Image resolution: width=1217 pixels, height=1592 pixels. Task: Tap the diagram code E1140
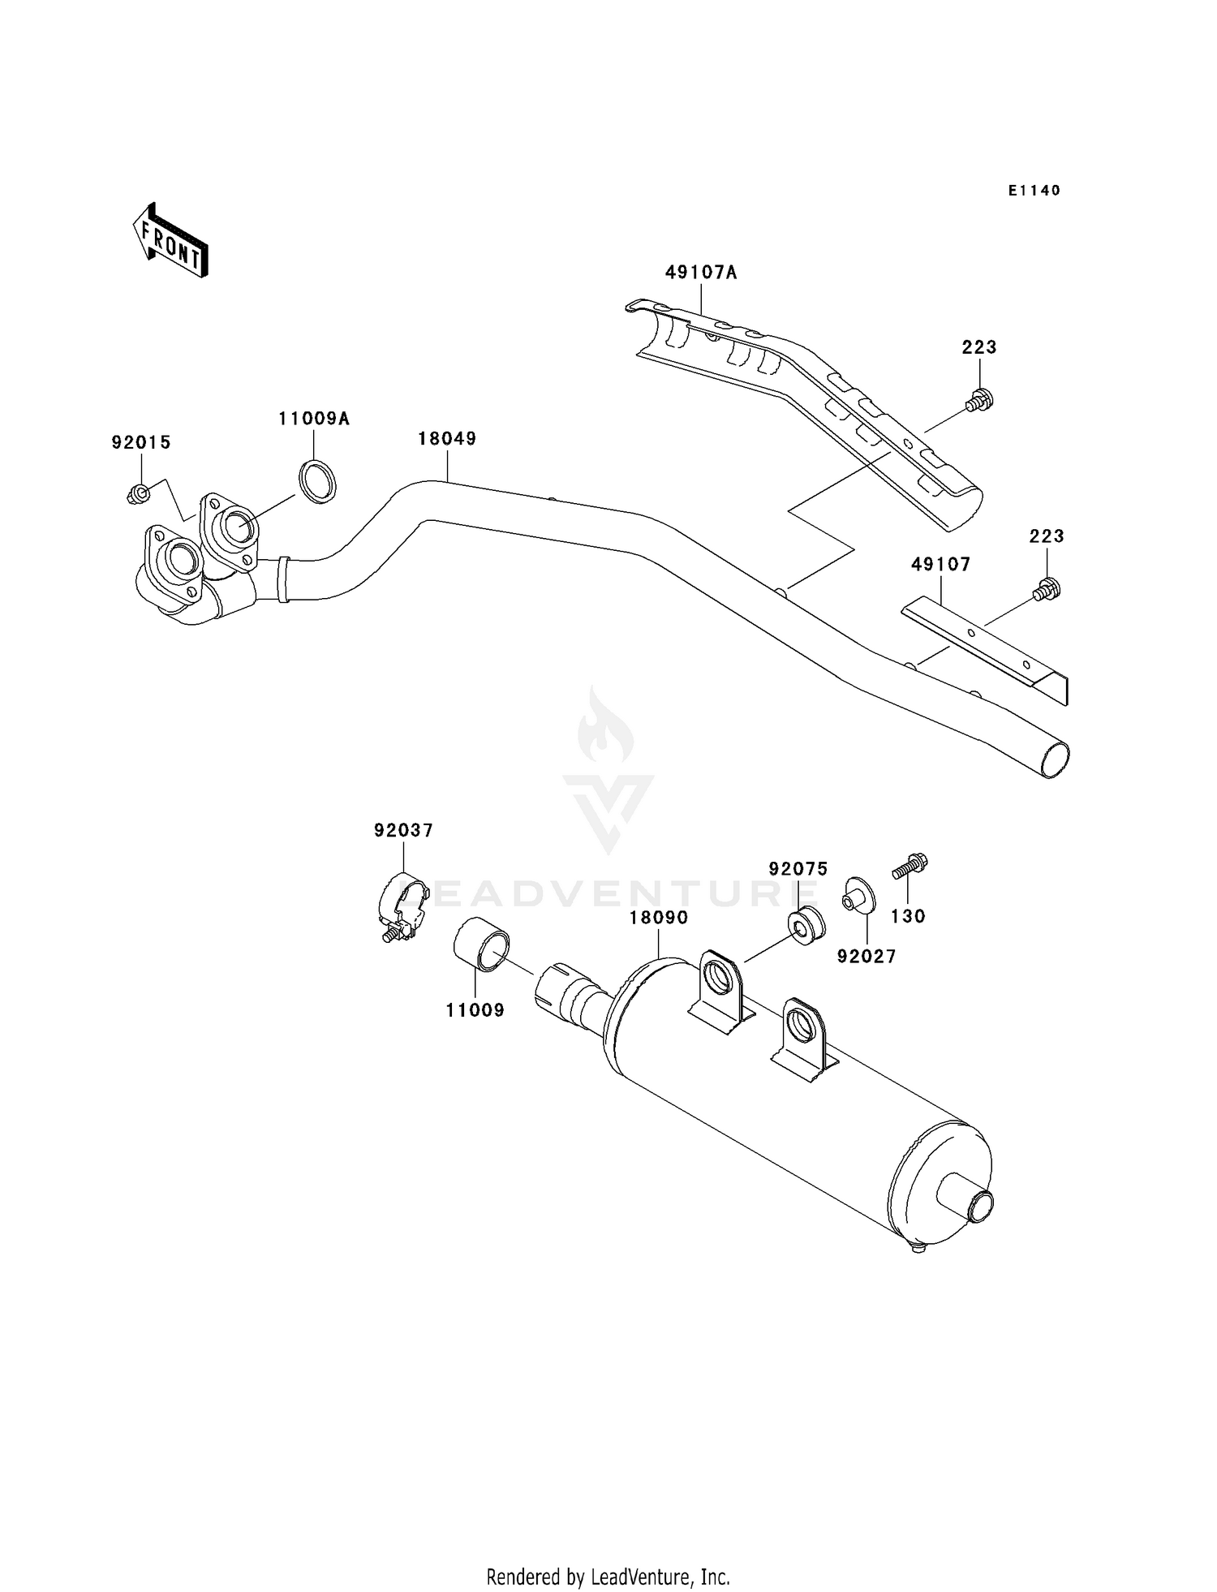[x=1034, y=191]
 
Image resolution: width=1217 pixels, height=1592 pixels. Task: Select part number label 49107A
[x=701, y=273]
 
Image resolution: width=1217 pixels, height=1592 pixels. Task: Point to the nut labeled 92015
[x=137, y=493]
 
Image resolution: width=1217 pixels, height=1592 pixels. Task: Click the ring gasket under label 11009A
[x=317, y=481]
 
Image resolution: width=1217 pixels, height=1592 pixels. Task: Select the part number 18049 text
[x=447, y=439]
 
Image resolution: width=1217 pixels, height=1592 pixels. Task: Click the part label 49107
[x=940, y=564]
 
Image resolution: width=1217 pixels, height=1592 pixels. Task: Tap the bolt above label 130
[x=910, y=867]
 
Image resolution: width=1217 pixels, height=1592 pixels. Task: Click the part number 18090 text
[x=659, y=918]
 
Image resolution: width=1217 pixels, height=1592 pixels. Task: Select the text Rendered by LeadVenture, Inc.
[x=608, y=1577]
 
